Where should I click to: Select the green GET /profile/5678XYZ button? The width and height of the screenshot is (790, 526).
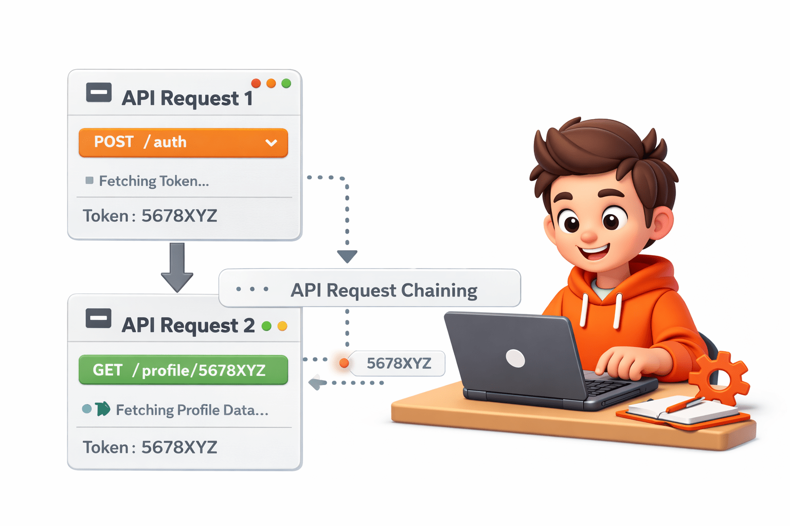(x=183, y=370)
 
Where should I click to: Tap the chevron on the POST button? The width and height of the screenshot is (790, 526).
(x=271, y=143)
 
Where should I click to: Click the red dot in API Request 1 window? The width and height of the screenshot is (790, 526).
(x=256, y=83)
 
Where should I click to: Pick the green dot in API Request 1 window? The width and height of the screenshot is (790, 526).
(x=286, y=83)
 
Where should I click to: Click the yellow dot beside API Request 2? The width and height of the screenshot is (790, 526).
(x=282, y=326)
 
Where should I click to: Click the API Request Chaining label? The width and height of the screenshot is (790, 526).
(x=384, y=290)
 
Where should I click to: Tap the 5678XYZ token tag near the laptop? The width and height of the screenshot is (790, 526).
(x=399, y=364)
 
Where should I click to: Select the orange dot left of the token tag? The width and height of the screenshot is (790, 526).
(x=344, y=364)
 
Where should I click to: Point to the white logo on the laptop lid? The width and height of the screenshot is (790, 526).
(x=515, y=359)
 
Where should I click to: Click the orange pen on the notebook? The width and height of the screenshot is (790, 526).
(x=684, y=405)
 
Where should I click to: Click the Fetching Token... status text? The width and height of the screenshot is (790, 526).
(x=154, y=181)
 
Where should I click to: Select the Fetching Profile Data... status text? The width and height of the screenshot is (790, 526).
(x=192, y=410)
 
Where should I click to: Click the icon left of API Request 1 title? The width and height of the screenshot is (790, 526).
(x=99, y=92)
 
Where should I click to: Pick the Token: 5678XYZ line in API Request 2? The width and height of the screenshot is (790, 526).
(x=150, y=447)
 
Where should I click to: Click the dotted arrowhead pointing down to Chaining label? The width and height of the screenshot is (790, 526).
(x=347, y=256)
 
